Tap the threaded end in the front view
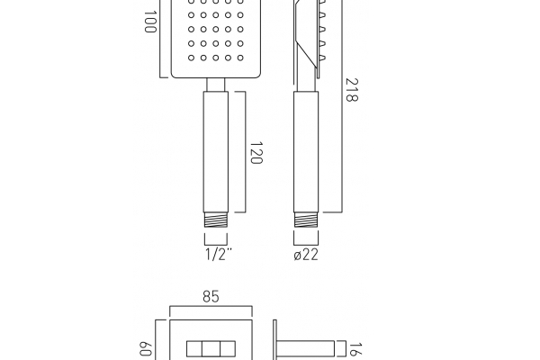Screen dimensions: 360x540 pyautogui.click(x=216, y=217)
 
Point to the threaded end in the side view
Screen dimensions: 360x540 pyautogui.click(x=306, y=217)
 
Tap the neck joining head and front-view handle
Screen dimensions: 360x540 pyautogui.click(x=216, y=85)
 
